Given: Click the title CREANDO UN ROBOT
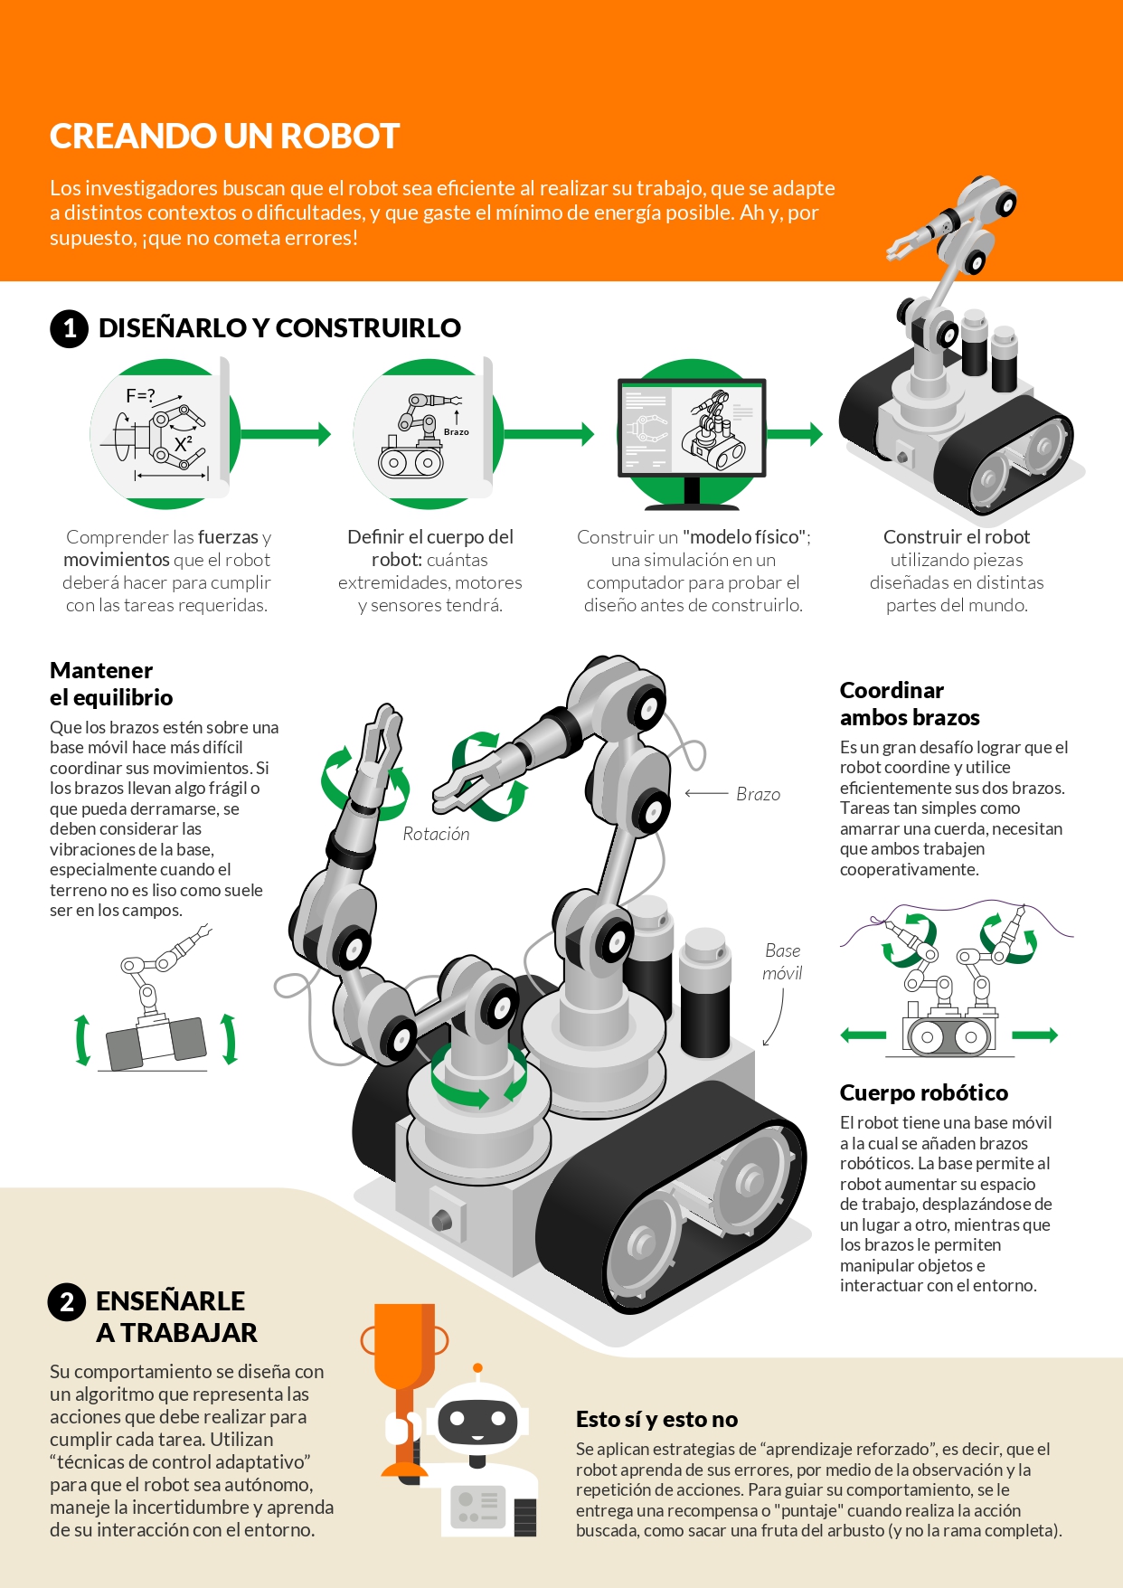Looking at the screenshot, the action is (224, 137).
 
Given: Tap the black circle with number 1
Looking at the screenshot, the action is (69, 328).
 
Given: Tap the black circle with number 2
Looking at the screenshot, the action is (67, 1302).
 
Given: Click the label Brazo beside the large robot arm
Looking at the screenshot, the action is (758, 794).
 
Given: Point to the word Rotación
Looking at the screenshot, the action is (436, 834).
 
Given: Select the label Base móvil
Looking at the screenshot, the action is (782, 961).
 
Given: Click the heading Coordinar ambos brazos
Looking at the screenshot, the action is (910, 704).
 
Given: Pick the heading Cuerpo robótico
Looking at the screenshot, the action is (924, 1092).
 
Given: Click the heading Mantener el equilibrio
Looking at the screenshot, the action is (111, 684).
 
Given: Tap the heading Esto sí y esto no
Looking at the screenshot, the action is (656, 1419).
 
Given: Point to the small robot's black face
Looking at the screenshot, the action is (477, 1423).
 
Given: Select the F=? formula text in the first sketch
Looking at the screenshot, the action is (140, 395).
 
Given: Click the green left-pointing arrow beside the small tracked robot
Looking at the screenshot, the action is (863, 1035).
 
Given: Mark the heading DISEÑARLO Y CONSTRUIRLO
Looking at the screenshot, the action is (279, 327).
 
